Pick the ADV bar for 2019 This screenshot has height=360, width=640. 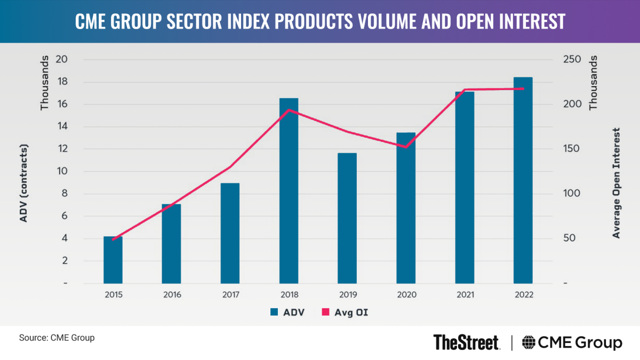point(347,218)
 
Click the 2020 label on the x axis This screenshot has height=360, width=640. point(406,294)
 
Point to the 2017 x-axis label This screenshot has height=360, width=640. point(230,294)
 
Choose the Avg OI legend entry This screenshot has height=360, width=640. point(347,313)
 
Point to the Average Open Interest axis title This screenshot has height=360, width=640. point(617,183)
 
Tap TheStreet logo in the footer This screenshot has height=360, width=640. point(466,342)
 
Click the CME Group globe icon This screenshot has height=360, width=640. point(529,342)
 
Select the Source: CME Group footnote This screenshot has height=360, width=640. point(57,338)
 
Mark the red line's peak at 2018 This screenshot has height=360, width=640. point(289,110)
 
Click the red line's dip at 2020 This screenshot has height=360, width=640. point(406,147)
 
